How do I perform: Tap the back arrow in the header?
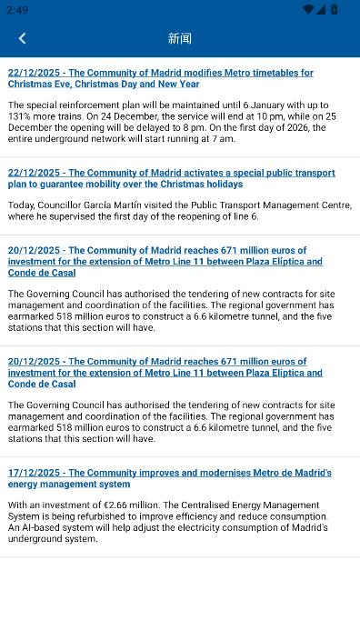[22, 38]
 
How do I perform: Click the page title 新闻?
[180, 38]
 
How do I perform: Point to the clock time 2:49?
[16, 9]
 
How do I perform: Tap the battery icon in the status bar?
[335, 9]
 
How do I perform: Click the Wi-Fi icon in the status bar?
[309, 9]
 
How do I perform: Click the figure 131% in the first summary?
[19, 116]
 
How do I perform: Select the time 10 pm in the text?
[248, 116]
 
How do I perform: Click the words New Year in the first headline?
[178, 84]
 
